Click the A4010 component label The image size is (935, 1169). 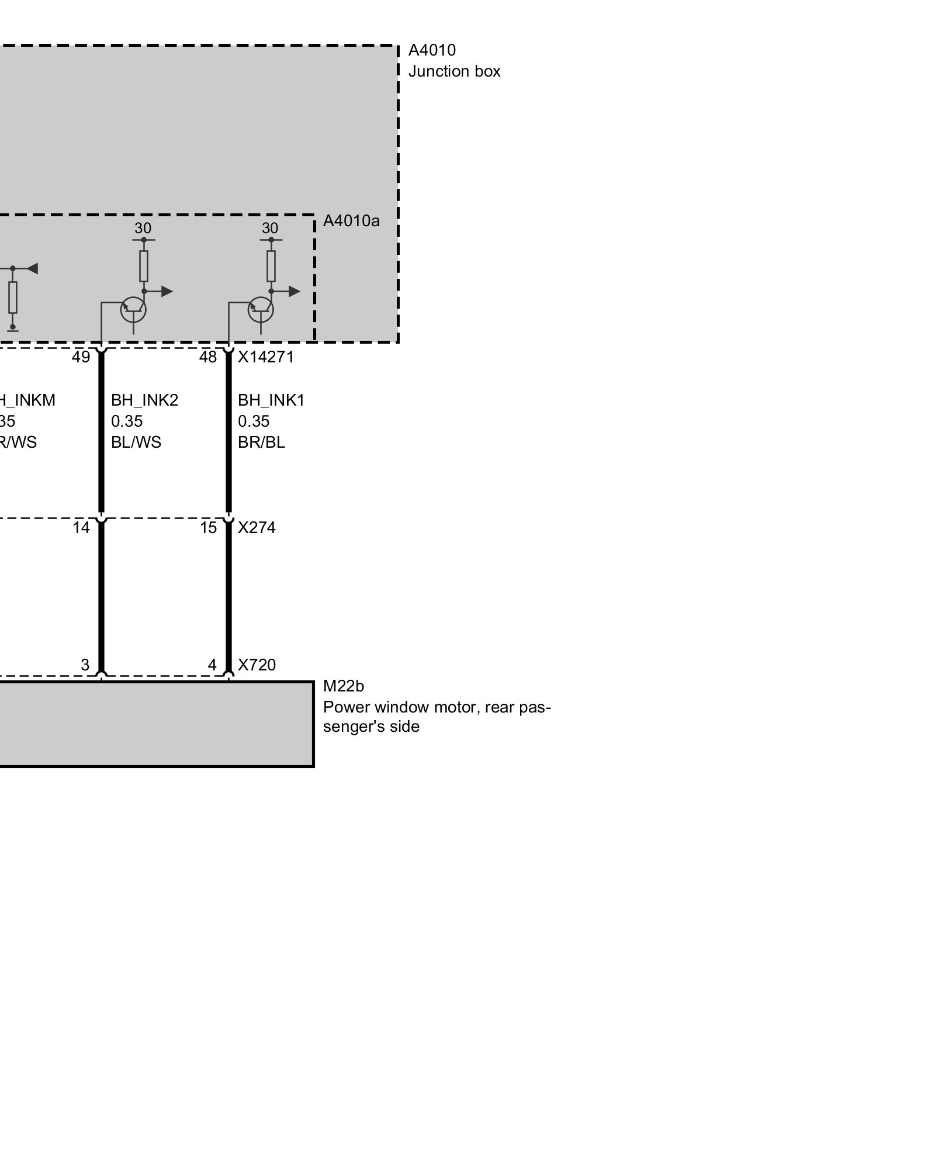[432, 50]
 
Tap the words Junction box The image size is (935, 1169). [454, 71]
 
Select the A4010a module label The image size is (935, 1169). [351, 221]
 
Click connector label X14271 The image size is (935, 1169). [265, 357]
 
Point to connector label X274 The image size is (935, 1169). [257, 528]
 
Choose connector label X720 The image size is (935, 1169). [257, 665]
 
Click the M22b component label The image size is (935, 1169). [343, 686]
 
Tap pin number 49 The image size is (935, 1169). [81, 357]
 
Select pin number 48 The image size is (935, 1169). [208, 357]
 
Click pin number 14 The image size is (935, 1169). [81, 528]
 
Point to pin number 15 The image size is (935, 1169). [209, 528]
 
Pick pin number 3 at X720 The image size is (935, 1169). [85, 665]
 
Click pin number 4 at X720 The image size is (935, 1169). [212, 665]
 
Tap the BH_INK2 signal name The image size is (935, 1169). [144, 400]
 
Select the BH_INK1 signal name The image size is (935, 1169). [271, 400]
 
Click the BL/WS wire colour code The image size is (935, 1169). [136, 442]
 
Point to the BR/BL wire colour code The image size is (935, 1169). [261, 442]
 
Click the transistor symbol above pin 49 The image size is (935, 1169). [133, 310]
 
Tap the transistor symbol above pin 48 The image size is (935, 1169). [261, 310]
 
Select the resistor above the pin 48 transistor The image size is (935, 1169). [271, 266]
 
